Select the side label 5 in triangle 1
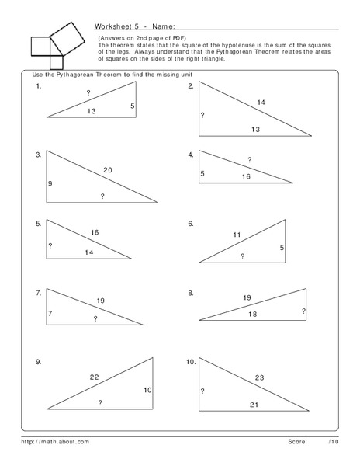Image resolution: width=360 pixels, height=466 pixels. pos(133,106)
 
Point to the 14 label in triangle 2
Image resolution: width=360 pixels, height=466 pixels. pos(261,103)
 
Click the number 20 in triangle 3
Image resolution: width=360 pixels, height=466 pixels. pos(107,170)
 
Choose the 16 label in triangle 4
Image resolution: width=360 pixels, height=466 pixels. pos(245,177)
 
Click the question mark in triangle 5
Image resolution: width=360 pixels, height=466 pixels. pos(50,246)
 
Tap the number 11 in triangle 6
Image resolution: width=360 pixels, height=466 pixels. pos(237,234)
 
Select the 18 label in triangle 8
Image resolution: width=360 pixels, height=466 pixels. pos(251,314)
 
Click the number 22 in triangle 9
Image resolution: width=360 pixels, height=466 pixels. pos(94,377)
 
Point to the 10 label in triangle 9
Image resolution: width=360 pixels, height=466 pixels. pos(147,389)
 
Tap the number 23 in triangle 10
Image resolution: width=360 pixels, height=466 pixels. pos(260,377)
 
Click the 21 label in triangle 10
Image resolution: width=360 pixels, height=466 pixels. pos(253,405)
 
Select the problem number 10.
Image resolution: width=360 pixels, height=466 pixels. pos(191,363)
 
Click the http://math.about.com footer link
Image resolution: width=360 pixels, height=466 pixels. pos(55,441)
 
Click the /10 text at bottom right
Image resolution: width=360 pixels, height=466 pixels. pos(334,441)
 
